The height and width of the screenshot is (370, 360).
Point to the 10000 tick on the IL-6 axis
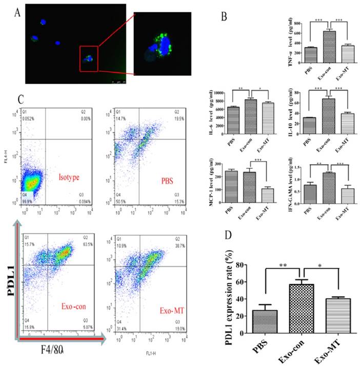pos(218,93)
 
